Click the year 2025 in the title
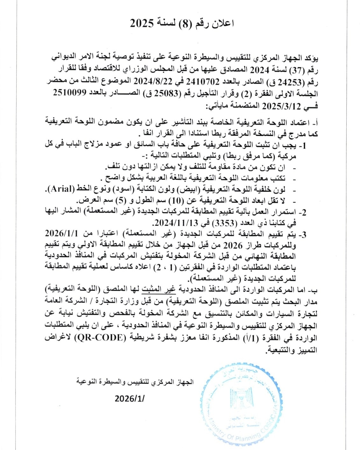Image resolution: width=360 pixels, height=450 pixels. pyautogui.click(x=142, y=23)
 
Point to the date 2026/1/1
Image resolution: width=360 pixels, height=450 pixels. pyautogui.click(x=61, y=234)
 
